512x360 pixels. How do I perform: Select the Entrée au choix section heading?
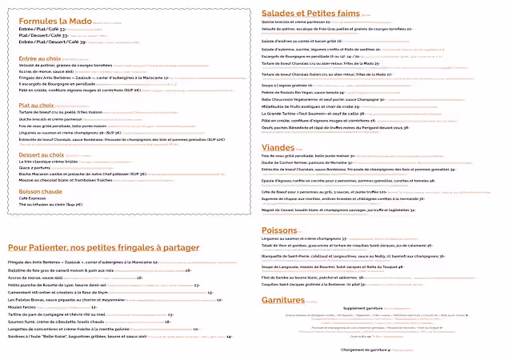coord(40,58)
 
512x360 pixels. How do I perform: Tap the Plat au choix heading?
coord(37,105)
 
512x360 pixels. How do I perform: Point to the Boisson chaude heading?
coord(40,191)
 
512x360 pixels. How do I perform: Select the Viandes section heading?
coord(280,147)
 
